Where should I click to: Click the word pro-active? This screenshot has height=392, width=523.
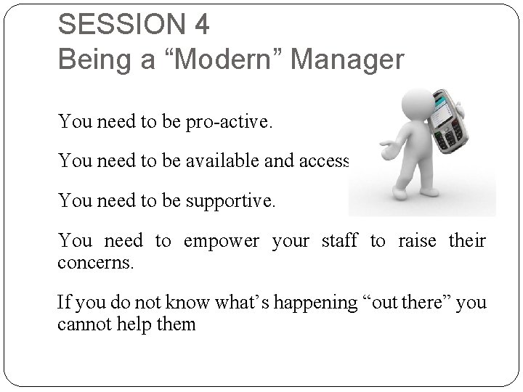coord(230,121)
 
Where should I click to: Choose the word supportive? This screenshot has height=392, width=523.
coord(232,200)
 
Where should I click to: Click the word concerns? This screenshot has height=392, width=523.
coord(95,261)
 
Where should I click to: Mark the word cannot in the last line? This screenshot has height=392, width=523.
coord(83,323)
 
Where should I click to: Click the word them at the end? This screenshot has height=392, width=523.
coord(177,323)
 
